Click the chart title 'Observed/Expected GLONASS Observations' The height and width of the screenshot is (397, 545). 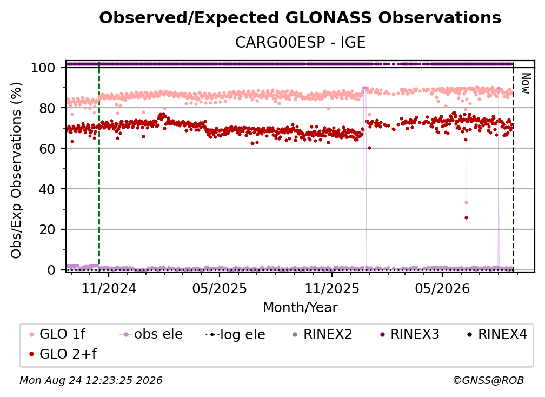coord(300,18)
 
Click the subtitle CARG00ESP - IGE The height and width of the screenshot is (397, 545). coord(300,42)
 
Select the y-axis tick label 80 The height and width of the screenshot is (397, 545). coord(47,108)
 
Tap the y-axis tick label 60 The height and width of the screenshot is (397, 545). coord(47,148)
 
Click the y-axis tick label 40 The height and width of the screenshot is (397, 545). coord(47,189)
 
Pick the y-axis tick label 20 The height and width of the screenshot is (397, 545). coord(47,229)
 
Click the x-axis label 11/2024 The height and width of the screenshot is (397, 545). coord(109,288)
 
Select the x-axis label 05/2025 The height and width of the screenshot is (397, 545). coord(220,288)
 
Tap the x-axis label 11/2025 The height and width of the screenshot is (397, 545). coord(332,288)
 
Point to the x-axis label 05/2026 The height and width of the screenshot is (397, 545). coord(442,288)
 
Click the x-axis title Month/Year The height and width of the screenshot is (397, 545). coord(300,307)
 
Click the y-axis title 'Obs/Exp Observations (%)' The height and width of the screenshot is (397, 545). coord(16,170)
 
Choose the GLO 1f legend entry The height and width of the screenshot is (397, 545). coord(58,334)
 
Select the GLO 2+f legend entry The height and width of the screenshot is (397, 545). coord(63,354)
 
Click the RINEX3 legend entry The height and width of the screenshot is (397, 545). coord(410,334)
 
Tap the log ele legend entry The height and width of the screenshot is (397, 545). coord(235,334)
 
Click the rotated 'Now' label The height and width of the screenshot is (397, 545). coord(525,83)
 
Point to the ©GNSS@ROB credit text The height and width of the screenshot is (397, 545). coord(488,380)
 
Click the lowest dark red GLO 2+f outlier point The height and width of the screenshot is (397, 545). coord(466,218)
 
